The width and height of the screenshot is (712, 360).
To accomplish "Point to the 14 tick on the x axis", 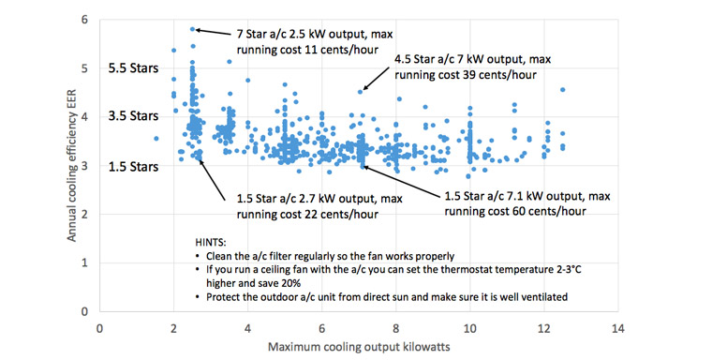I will tap(616, 328).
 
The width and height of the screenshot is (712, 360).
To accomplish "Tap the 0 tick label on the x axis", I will tap(99, 328).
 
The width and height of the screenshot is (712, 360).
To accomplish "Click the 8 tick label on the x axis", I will tap(394, 328).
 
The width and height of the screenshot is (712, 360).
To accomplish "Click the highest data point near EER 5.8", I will tap(192, 29).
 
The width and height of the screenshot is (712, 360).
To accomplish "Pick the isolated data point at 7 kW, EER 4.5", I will tap(361, 91).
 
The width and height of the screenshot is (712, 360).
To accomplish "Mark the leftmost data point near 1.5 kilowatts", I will tap(156, 139).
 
